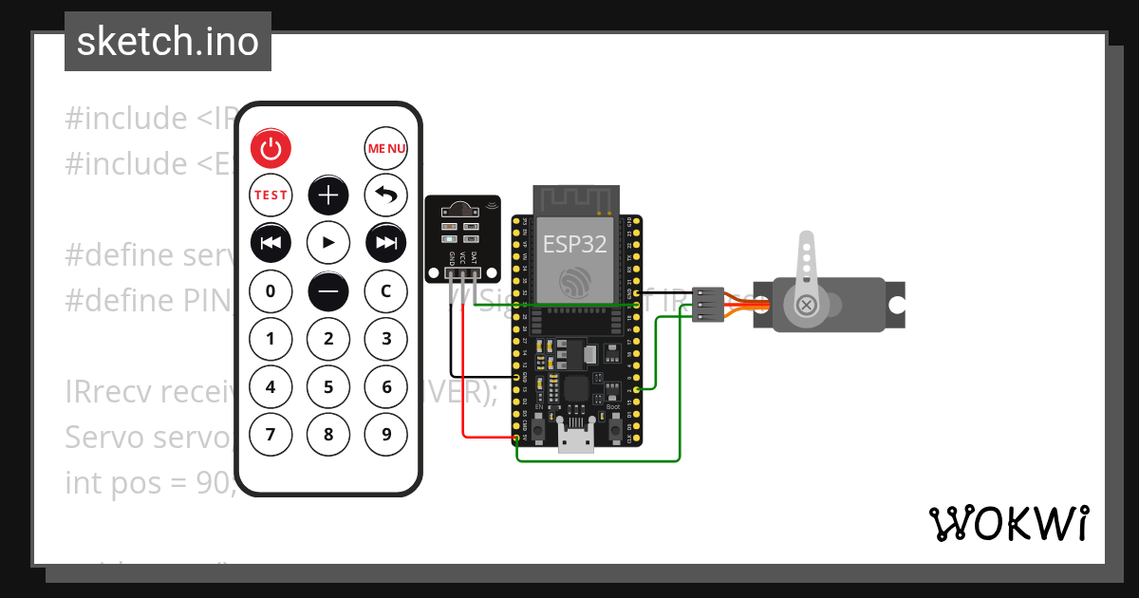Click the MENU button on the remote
(x=386, y=148)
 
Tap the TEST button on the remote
(x=271, y=196)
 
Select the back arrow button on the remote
(x=386, y=196)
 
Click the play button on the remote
(x=328, y=243)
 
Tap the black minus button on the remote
(x=328, y=291)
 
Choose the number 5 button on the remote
(x=328, y=387)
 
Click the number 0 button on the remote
(x=271, y=291)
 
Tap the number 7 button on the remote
(x=271, y=435)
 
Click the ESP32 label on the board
(x=574, y=244)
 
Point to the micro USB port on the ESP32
(x=575, y=442)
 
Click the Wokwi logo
(x=1008, y=523)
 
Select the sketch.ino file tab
(x=168, y=42)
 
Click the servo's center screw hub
(x=806, y=305)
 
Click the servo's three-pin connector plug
(x=708, y=305)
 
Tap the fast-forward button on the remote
(x=386, y=243)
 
